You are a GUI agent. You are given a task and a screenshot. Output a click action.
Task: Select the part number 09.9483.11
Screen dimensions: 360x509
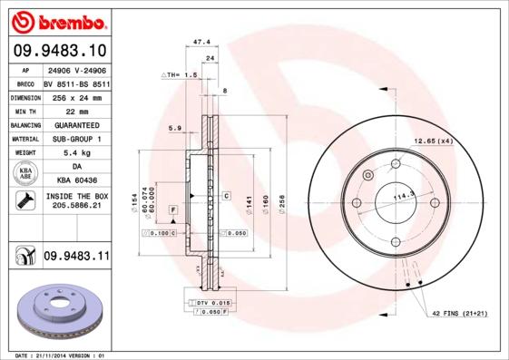(76, 257)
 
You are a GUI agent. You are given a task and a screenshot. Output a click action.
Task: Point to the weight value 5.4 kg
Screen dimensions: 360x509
(76, 153)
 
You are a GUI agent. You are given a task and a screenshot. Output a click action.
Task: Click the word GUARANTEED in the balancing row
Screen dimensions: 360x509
(76, 124)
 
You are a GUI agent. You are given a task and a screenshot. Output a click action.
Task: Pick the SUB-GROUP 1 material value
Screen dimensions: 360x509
(76, 139)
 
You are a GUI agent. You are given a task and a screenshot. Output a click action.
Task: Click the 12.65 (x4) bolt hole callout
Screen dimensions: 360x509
(433, 141)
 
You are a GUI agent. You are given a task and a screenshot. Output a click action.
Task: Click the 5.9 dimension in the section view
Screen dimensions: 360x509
(175, 129)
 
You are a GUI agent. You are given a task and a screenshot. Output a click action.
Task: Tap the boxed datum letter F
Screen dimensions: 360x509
(171, 209)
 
